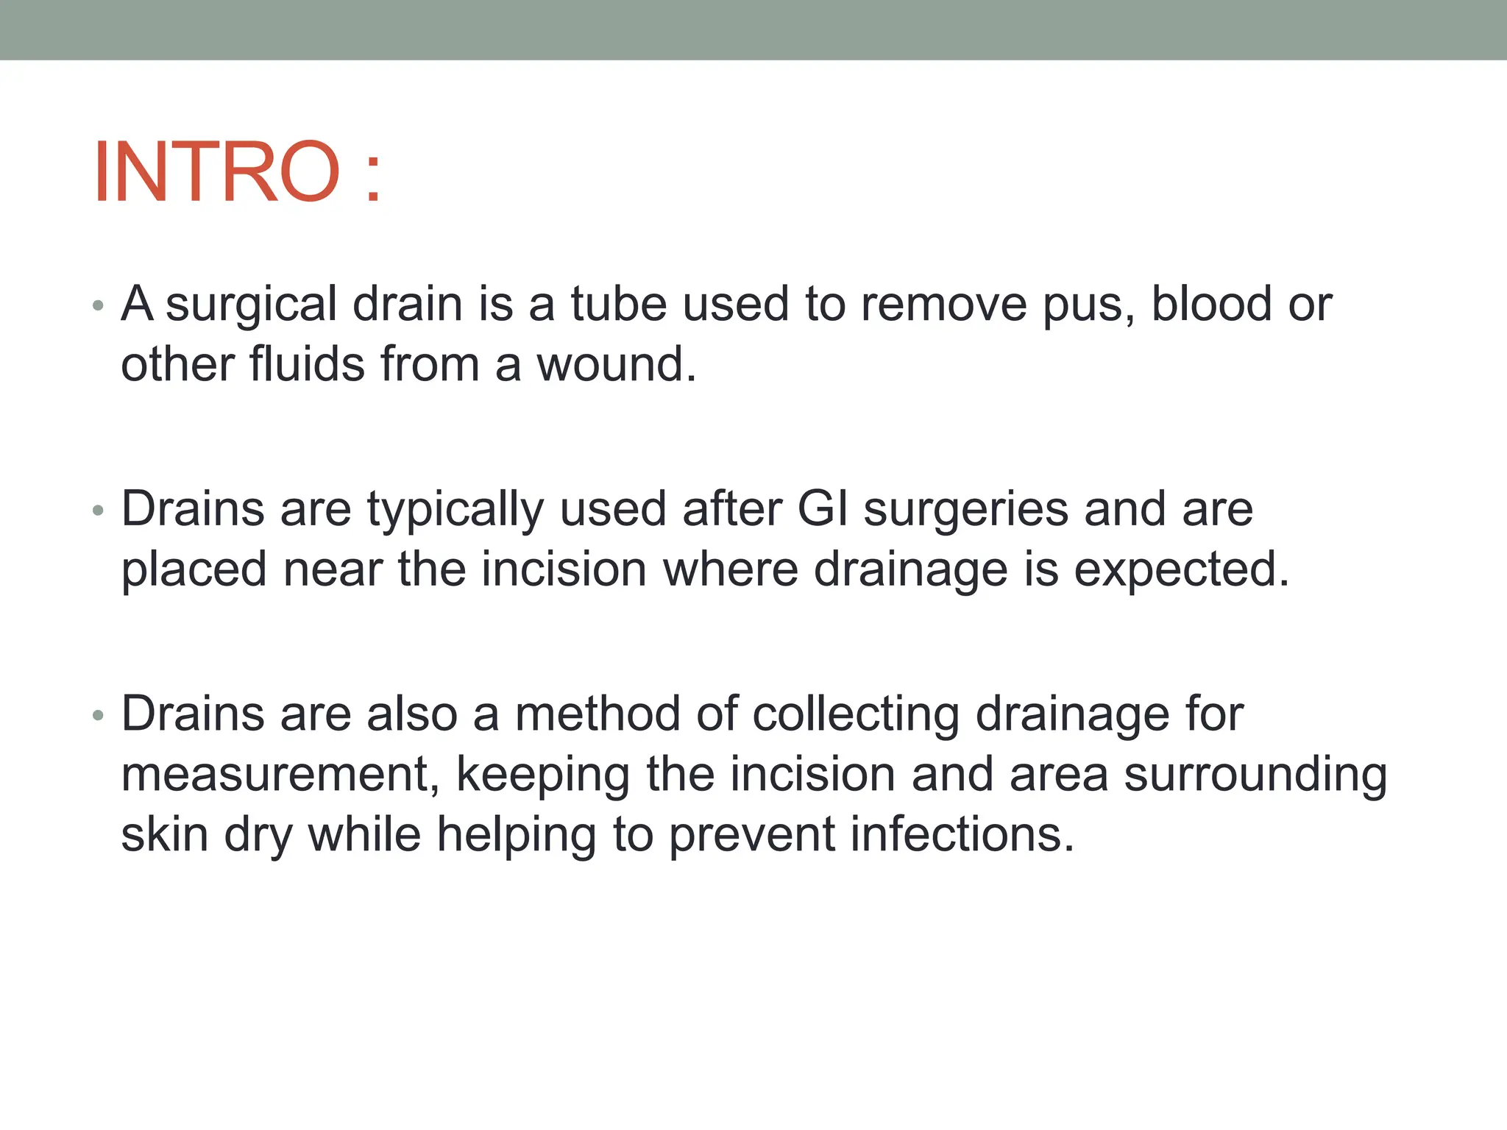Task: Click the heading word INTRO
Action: click(x=217, y=172)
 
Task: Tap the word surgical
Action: click(x=251, y=305)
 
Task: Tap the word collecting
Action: click(x=856, y=715)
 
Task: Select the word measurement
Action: click(x=280, y=775)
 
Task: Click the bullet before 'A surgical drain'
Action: click(x=98, y=305)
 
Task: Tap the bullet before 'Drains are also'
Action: click(x=98, y=715)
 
